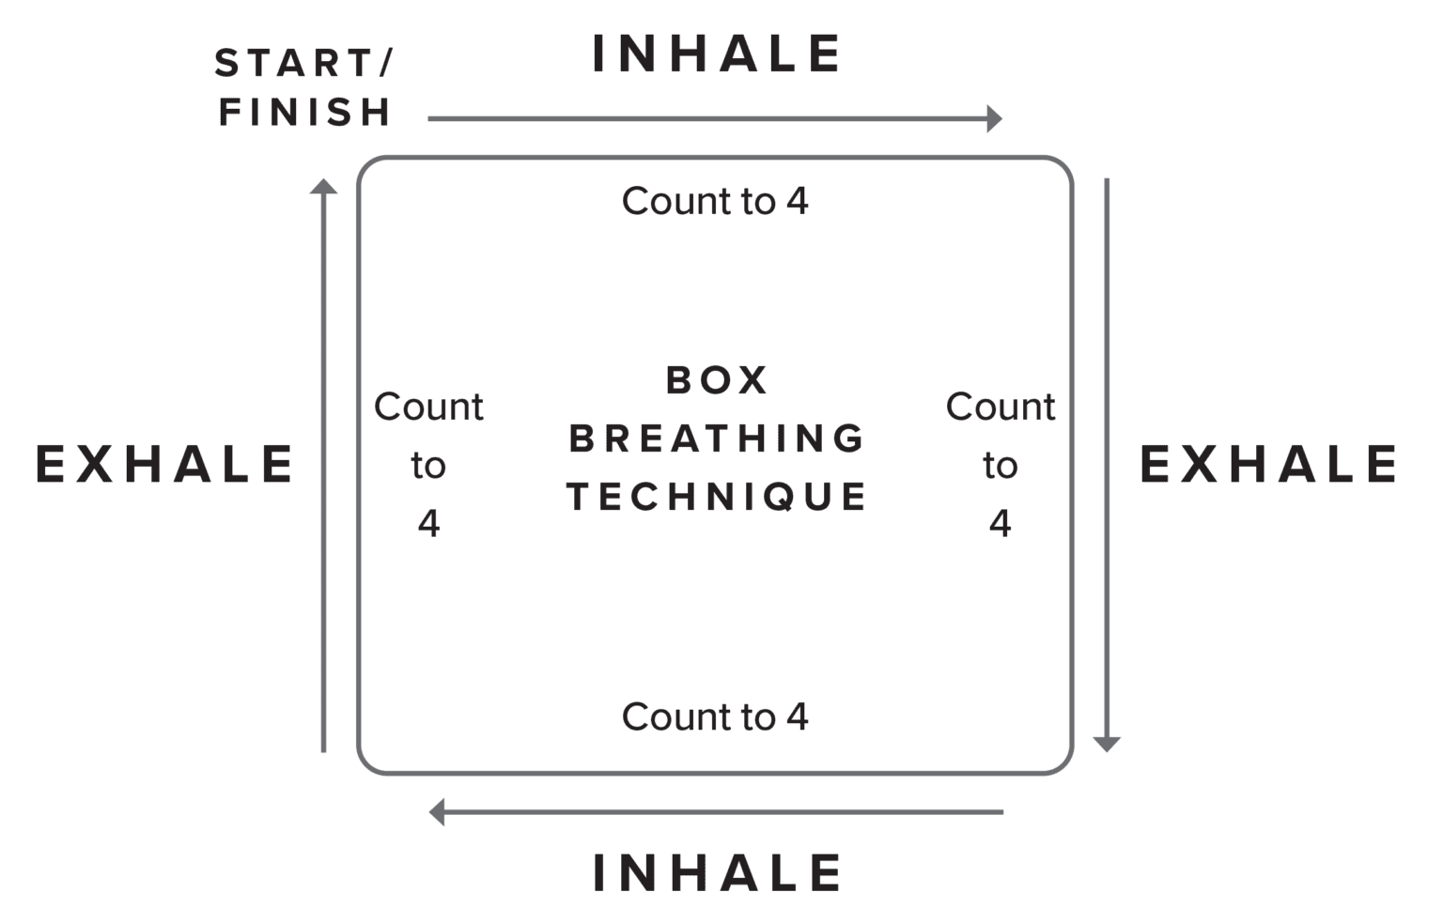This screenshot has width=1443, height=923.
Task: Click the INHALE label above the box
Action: coord(716,54)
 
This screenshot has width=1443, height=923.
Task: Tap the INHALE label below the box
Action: coord(716,873)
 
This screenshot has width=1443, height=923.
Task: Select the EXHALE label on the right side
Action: coord(1268,465)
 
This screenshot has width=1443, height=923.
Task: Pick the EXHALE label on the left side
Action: coord(165,465)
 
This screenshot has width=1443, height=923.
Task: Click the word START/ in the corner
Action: coord(303,64)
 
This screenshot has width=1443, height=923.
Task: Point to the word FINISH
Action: coord(304,113)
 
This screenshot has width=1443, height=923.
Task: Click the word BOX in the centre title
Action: coord(717,381)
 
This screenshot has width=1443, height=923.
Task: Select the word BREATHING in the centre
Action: coord(717,438)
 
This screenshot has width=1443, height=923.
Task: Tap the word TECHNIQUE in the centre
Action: coord(717,497)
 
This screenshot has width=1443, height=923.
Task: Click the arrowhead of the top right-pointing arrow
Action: coord(995,119)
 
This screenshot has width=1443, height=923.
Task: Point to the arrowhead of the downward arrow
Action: coord(1108,744)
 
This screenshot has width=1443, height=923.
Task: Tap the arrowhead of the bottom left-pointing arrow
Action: coord(437,811)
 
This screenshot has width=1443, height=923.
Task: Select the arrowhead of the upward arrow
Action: coord(323,187)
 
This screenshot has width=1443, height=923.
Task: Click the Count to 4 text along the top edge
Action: coord(715,202)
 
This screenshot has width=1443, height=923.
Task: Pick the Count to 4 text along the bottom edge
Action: coord(715,717)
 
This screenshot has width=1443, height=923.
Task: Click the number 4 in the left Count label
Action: coord(428,524)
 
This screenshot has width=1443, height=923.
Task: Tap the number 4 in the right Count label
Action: coord(1000,524)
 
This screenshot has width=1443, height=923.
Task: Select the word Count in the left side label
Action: coord(428,408)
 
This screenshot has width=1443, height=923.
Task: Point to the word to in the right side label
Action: coord(1000,466)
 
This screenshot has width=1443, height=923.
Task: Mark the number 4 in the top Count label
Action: coord(798,202)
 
